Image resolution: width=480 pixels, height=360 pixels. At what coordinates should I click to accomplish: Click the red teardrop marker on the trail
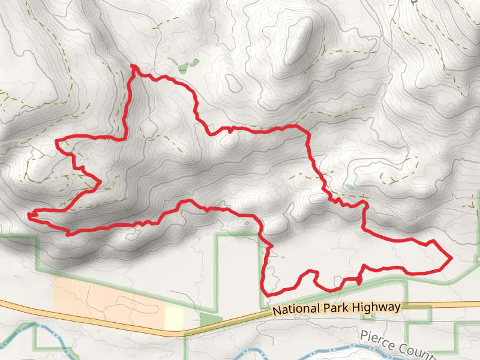[x=359, y=280]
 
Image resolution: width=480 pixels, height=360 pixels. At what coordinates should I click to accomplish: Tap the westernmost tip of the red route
[x=28, y=214]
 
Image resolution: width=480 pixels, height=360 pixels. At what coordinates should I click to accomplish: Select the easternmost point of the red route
[x=451, y=258]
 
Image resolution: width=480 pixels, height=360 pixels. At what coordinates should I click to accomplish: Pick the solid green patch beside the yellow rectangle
[x=210, y=319]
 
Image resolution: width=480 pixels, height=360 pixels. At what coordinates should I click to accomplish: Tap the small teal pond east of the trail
[x=349, y=187]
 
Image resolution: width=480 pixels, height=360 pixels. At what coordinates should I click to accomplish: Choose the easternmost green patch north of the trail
[x=194, y=62]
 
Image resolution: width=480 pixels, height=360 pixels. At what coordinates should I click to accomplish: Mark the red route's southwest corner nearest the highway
[x=265, y=293]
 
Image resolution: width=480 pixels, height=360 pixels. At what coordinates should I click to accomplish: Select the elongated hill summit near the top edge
[x=299, y=42]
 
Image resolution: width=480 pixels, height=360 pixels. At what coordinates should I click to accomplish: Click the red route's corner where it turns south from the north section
[x=307, y=131]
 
